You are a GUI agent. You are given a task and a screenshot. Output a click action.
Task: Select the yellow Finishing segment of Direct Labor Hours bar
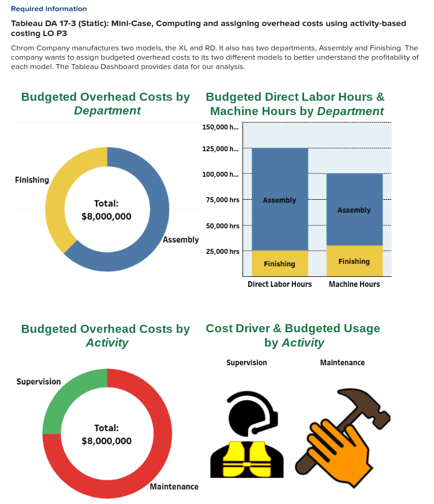point(279,264)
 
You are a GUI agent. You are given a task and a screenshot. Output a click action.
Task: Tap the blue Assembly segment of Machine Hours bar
point(354,210)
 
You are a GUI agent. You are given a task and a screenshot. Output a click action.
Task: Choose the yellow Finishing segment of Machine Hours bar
point(354,261)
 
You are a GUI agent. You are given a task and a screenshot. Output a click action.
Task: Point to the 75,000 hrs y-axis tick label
point(222,200)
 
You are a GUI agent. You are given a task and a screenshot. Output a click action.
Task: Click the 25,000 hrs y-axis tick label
point(222,251)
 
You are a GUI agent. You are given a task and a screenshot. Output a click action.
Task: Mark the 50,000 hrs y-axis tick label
point(222,226)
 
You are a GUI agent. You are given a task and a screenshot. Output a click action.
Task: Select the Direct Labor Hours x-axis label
point(279,284)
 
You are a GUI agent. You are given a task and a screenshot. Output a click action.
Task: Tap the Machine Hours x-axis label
point(354,284)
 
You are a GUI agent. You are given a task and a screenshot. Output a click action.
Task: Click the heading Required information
point(48,9)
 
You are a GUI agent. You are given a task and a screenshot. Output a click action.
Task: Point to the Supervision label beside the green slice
point(39,381)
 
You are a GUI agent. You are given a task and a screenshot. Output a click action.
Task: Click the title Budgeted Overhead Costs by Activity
point(105,335)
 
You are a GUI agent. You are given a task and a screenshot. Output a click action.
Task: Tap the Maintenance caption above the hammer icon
point(342,363)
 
